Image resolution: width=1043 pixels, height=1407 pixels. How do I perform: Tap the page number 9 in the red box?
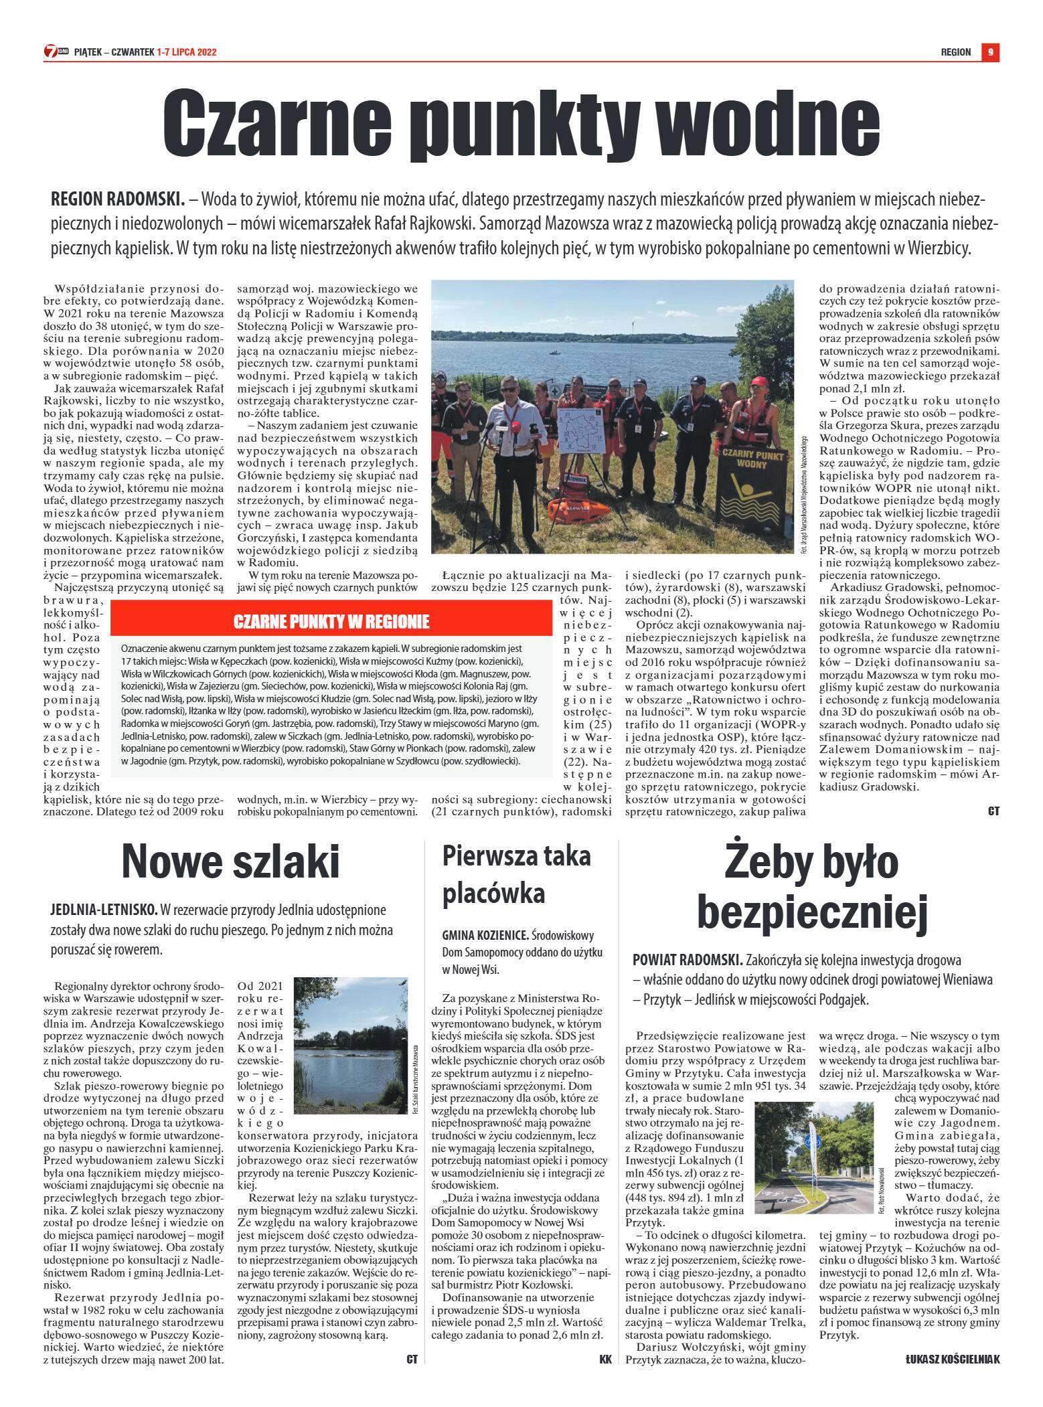click(990, 52)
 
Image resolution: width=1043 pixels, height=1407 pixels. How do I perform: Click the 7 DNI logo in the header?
click(56, 52)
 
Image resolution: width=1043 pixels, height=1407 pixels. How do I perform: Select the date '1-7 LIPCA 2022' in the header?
click(187, 52)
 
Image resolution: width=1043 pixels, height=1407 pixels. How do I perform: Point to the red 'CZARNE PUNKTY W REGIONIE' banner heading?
click(331, 622)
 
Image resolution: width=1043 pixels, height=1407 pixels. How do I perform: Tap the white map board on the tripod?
click(583, 431)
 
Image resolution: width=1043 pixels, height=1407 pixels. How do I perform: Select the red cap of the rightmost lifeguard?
click(758, 382)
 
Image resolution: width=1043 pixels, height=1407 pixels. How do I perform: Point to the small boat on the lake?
click(554, 351)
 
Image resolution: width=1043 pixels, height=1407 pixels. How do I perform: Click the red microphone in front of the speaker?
click(513, 426)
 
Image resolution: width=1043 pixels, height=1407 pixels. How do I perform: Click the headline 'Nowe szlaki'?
click(230, 861)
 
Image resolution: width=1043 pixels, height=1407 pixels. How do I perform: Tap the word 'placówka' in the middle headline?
click(493, 894)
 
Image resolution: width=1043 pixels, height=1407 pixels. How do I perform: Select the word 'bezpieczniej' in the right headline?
click(812, 911)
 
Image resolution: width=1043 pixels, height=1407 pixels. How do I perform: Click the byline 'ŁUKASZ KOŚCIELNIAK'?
click(952, 1359)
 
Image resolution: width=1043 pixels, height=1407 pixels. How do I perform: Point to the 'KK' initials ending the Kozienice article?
click(605, 1359)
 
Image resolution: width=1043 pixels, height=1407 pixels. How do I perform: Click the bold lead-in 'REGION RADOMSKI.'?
click(118, 199)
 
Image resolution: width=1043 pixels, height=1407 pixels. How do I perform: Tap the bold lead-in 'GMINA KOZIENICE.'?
click(485, 936)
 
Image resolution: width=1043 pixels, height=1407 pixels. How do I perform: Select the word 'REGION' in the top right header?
click(955, 52)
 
